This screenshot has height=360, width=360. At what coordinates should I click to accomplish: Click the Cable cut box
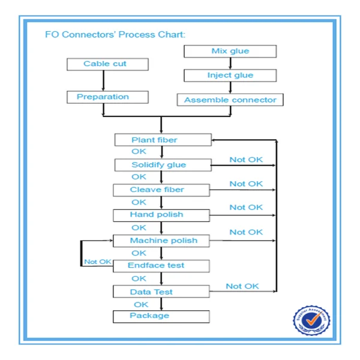pos(105,64)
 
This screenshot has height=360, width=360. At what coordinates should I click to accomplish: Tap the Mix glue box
pos(230,52)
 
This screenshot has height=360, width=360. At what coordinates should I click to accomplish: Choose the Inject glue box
pos(230,76)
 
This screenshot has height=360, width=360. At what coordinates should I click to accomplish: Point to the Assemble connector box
pos(230,100)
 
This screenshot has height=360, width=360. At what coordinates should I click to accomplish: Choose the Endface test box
pos(160,266)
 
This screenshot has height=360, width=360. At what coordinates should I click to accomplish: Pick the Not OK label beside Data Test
pos(242,286)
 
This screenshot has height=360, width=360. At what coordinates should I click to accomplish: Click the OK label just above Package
pos(140,304)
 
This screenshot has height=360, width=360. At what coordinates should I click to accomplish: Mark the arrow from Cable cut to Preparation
pos(104,80)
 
